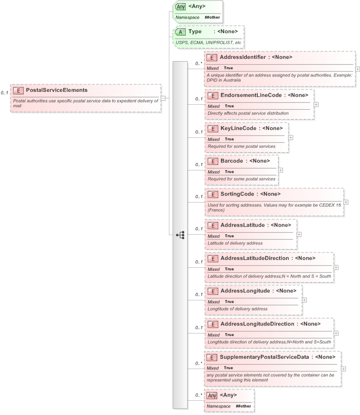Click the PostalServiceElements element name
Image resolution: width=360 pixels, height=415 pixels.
pyautogui.click(x=56, y=90)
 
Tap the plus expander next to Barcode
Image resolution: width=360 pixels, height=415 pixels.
pyautogui.click(x=280, y=169)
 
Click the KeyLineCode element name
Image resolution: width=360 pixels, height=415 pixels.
pyautogui.click(x=238, y=128)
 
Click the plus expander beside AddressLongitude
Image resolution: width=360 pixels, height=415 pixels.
pyautogui.click(x=304, y=300)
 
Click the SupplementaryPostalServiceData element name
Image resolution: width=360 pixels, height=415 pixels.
pyautogui.click(x=271, y=357)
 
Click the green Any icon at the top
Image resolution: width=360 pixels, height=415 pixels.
pyautogui.click(x=180, y=7)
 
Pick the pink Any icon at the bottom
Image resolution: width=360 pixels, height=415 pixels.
pyautogui.click(x=212, y=395)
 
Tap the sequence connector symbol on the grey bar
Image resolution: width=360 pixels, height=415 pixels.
pyautogui.click(x=180, y=235)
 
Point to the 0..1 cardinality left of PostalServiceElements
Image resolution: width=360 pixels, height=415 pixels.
pyautogui.click(x=4, y=92)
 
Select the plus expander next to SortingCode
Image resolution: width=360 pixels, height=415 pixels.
pyautogui.click(x=346, y=202)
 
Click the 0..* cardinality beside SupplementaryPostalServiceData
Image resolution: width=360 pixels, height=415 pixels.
pyautogui.click(x=198, y=363)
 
